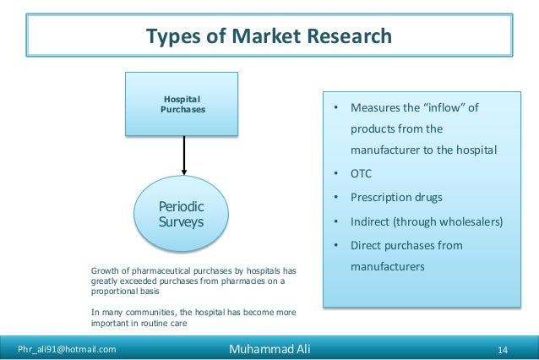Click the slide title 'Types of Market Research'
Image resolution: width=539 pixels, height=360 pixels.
269,36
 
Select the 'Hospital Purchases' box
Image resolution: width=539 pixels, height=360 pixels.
182,104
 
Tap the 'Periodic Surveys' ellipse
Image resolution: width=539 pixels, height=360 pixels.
182,215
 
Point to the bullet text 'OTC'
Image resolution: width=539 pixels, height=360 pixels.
361,175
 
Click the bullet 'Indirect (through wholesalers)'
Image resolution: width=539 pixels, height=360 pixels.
427,222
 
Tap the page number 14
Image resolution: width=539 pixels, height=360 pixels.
502,348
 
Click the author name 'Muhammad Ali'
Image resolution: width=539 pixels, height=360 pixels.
269,347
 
